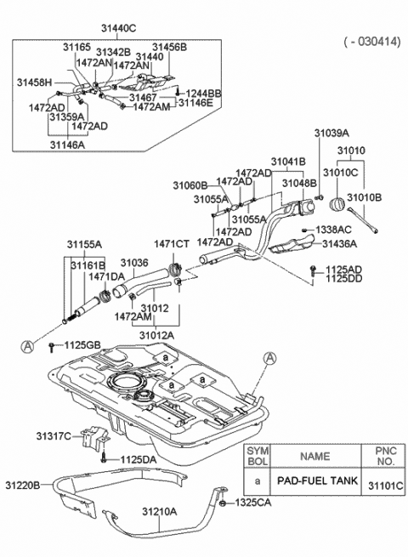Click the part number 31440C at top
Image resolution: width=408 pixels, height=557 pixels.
(x=118, y=28)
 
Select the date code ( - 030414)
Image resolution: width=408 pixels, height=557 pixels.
(x=372, y=42)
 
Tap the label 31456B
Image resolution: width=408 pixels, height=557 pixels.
(x=169, y=48)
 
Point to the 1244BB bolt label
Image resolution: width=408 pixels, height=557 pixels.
(x=203, y=94)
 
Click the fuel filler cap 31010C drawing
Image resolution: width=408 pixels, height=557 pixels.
(x=337, y=206)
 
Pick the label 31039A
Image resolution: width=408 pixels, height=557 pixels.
(x=331, y=134)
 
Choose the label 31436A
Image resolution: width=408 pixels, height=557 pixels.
(x=340, y=244)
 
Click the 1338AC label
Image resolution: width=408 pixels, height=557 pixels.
(x=333, y=230)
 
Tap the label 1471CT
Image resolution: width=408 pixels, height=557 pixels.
(x=172, y=244)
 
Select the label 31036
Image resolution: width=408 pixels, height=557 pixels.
(x=134, y=263)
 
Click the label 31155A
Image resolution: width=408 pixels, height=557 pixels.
(x=84, y=244)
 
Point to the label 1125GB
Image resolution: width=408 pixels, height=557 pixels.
(x=82, y=345)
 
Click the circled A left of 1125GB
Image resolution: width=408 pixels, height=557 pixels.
(x=27, y=346)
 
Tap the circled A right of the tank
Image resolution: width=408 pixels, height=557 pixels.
(x=270, y=358)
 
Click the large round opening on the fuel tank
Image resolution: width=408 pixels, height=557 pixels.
(x=127, y=382)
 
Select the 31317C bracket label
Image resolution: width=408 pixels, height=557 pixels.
(x=54, y=436)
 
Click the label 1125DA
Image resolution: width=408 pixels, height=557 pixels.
(x=139, y=460)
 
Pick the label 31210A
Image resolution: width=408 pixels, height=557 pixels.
(x=160, y=512)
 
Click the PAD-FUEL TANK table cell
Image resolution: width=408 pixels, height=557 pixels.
(x=317, y=480)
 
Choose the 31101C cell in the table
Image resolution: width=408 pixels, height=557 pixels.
(x=385, y=486)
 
